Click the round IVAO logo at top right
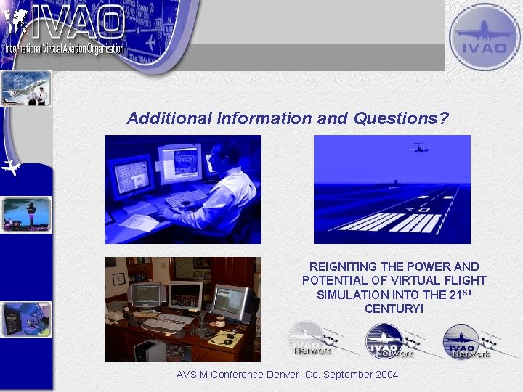(x=484, y=36)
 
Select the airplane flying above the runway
(x=420, y=148)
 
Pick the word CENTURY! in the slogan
(x=394, y=309)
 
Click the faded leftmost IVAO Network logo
(x=311, y=340)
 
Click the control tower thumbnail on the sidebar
(x=26, y=213)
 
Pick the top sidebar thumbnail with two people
(x=26, y=89)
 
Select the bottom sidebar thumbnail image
(x=26, y=319)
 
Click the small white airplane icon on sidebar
(x=11, y=168)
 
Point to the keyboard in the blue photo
(x=185, y=197)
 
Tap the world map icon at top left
(x=15, y=22)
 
